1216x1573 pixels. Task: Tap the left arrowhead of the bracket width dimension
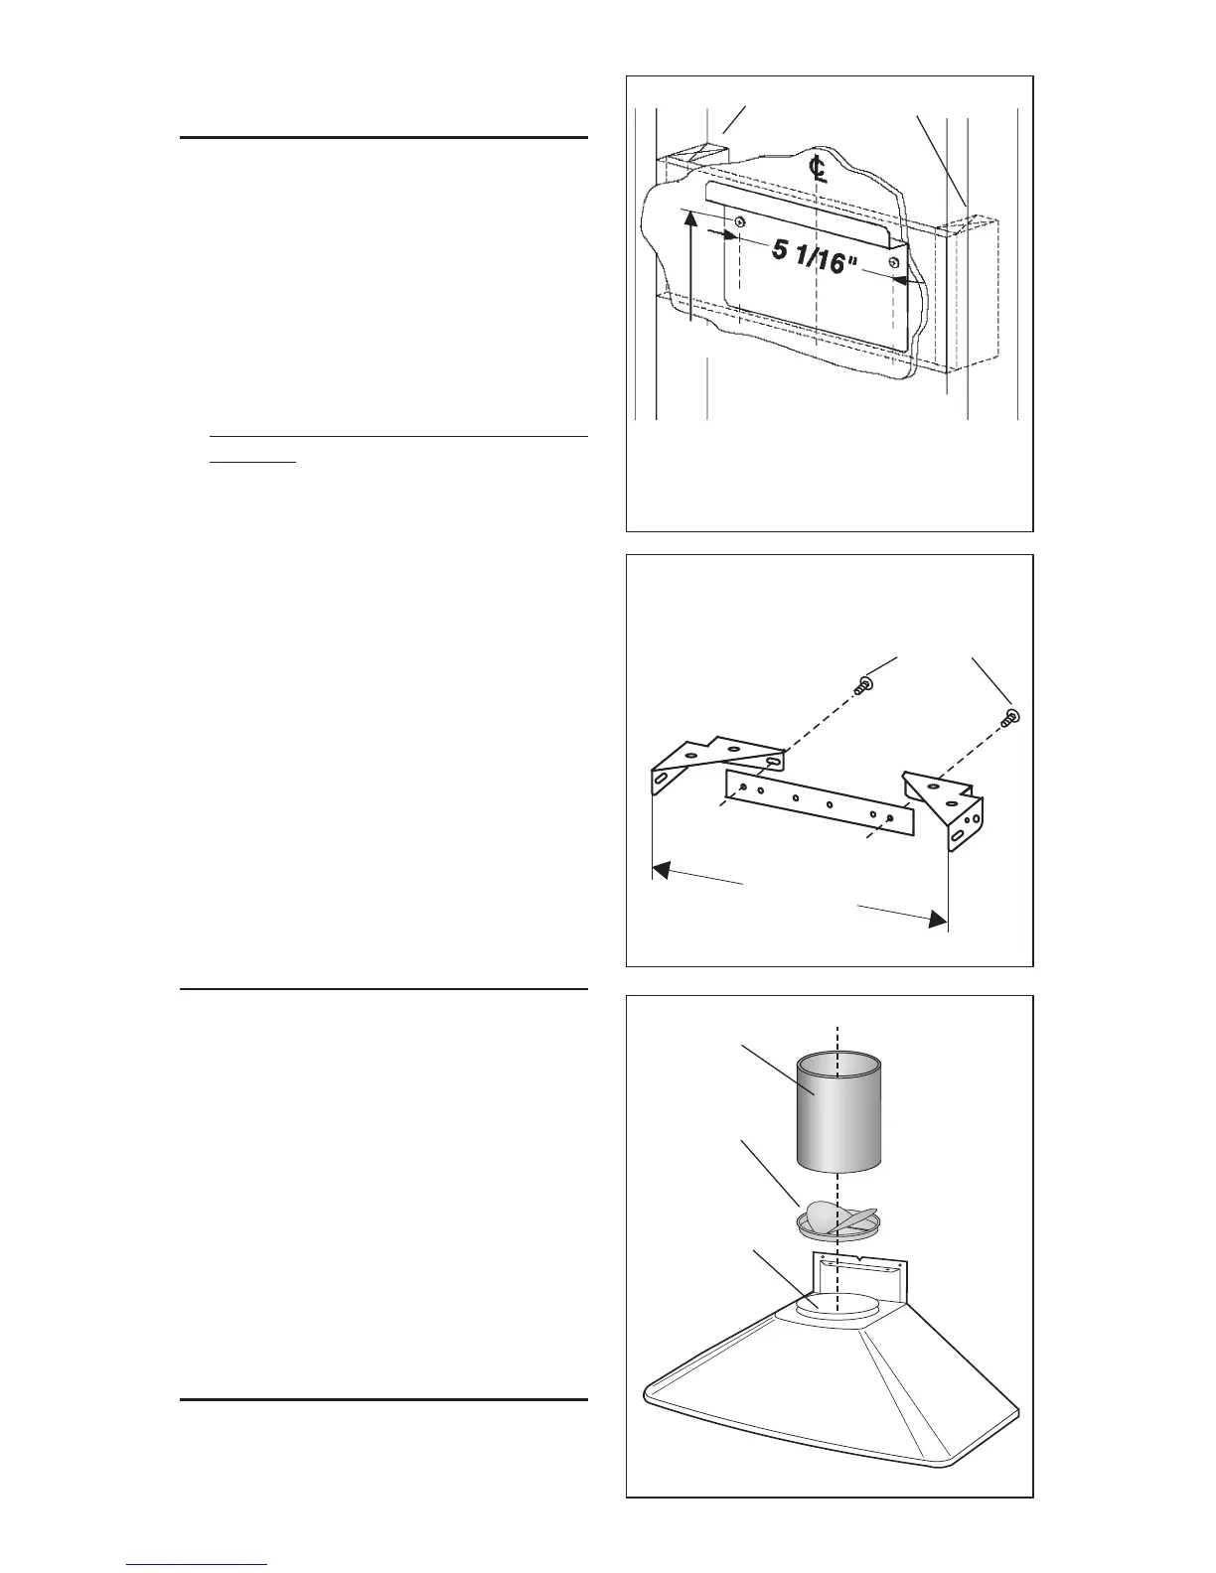pyautogui.click(x=660, y=871)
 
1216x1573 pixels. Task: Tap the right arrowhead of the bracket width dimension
pyautogui.click(x=935, y=921)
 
